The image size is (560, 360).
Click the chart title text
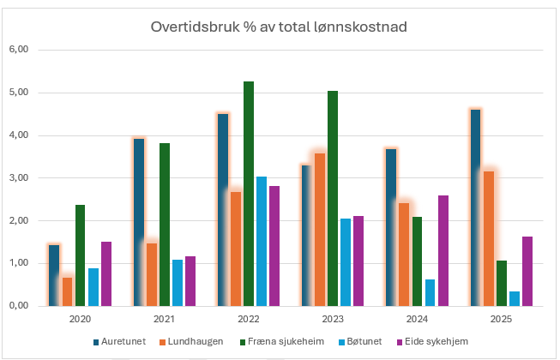(x=279, y=27)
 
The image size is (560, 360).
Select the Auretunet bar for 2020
(x=54, y=275)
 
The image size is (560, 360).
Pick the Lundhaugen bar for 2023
(x=320, y=230)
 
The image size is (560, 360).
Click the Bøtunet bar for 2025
(x=515, y=298)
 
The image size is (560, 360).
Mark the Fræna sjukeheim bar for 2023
(x=333, y=198)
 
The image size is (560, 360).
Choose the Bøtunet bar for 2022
(x=262, y=241)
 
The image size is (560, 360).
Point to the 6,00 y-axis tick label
(x=18, y=50)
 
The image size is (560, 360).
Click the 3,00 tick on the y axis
(x=18, y=178)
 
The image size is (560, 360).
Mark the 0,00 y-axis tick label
(x=18, y=306)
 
